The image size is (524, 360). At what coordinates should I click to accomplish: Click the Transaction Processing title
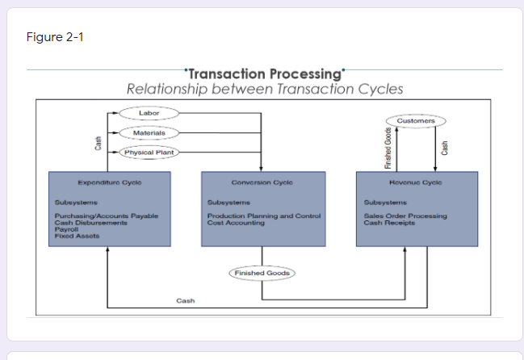[x=265, y=74]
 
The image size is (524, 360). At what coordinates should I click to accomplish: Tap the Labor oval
[x=149, y=113]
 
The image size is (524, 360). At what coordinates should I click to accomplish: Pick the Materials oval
[x=149, y=132]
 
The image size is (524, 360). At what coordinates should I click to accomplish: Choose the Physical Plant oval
[x=149, y=152]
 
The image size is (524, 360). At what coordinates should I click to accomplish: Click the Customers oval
[x=416, y=120]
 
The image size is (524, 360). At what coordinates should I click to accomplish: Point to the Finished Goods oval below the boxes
[x=261, y=274]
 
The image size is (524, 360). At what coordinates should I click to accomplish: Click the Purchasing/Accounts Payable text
[x=106, y=216]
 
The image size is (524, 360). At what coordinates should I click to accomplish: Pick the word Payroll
[x=65, y=229]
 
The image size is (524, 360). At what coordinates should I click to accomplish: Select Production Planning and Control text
[x=264, y=216]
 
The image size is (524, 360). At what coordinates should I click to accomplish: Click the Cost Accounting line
[x=236, y=223]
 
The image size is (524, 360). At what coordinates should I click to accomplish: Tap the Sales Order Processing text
[x=405, y=216]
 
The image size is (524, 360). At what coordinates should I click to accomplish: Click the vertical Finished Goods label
[x=388, y=148]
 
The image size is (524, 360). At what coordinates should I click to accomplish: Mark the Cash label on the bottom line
[x=185, y=301]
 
